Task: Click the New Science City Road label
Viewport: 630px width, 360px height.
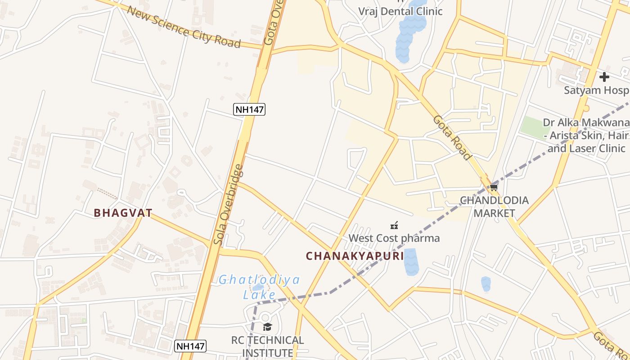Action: (184, 27)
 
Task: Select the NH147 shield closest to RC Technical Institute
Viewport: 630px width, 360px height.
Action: (190, 346)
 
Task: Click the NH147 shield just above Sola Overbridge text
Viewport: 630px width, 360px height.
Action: (249, 109)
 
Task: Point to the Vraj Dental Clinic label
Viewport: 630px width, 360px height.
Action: (400, 11)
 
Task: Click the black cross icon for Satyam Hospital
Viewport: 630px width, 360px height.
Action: (604, 77)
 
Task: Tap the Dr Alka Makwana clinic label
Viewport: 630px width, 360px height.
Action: (586, 135)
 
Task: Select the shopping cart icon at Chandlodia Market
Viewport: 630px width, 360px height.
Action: (494, 188)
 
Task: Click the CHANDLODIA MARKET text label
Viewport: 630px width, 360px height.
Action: (494, 207)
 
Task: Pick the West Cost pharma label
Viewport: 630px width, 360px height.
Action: (394, 238)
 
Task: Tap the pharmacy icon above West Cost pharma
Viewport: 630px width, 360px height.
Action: (394, 225)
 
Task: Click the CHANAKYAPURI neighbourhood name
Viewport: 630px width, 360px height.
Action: (355, 256)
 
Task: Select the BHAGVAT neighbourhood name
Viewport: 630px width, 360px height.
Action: (123, 213)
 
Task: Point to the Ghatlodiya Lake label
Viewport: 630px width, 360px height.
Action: (259, 287)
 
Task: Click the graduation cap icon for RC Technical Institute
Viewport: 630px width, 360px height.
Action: (268, 327)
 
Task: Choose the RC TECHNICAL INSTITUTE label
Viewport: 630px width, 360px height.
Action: (268, 346)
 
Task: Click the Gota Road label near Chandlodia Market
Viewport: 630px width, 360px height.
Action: (452, 138)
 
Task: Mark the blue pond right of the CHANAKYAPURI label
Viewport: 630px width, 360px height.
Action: (411, 262)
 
